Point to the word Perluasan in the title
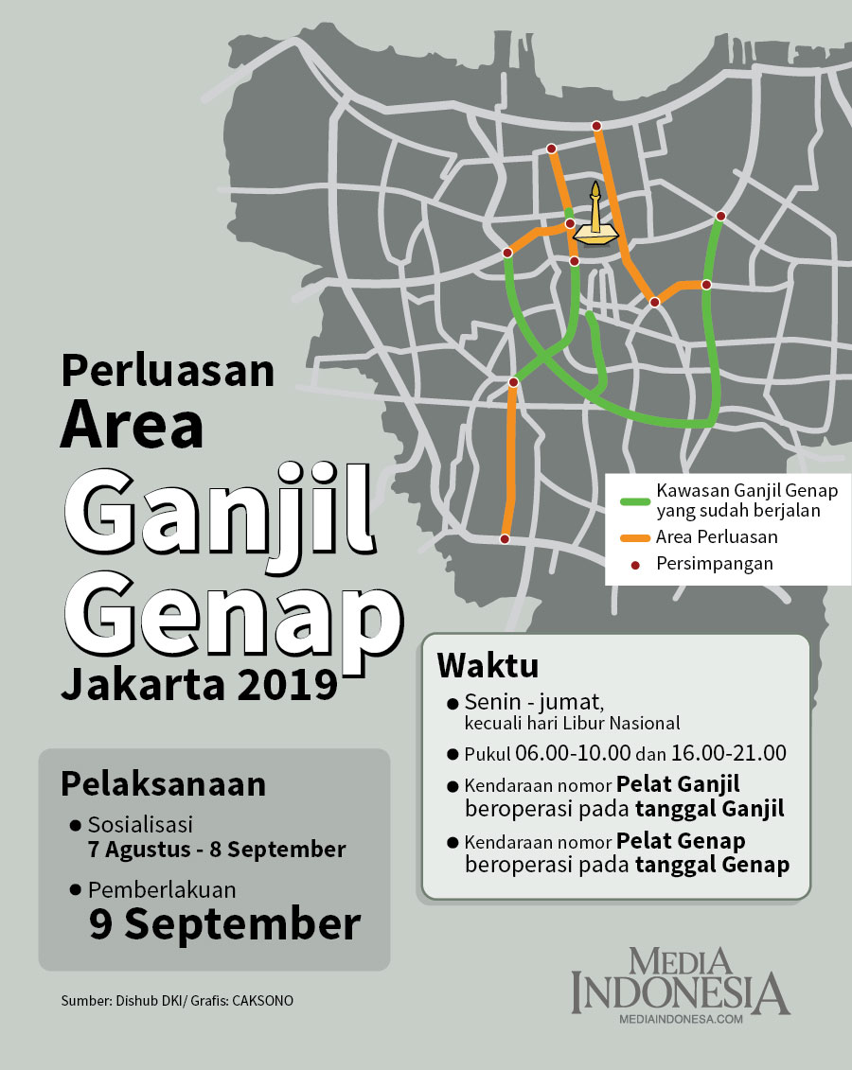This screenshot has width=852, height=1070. tap(168, 370)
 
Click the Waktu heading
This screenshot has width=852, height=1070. tap(488, 664)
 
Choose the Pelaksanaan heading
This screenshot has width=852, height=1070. tap(163, 784)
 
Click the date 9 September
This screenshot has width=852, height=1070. tap(225, 924)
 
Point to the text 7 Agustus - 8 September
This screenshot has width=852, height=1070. tap(217, 850)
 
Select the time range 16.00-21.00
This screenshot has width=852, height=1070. tap(728, 754)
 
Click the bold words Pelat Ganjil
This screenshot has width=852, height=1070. tap(678, 784)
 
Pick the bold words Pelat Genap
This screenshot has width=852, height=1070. tap(681, 841)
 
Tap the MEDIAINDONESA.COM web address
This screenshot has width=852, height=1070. tap(680, 1019)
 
